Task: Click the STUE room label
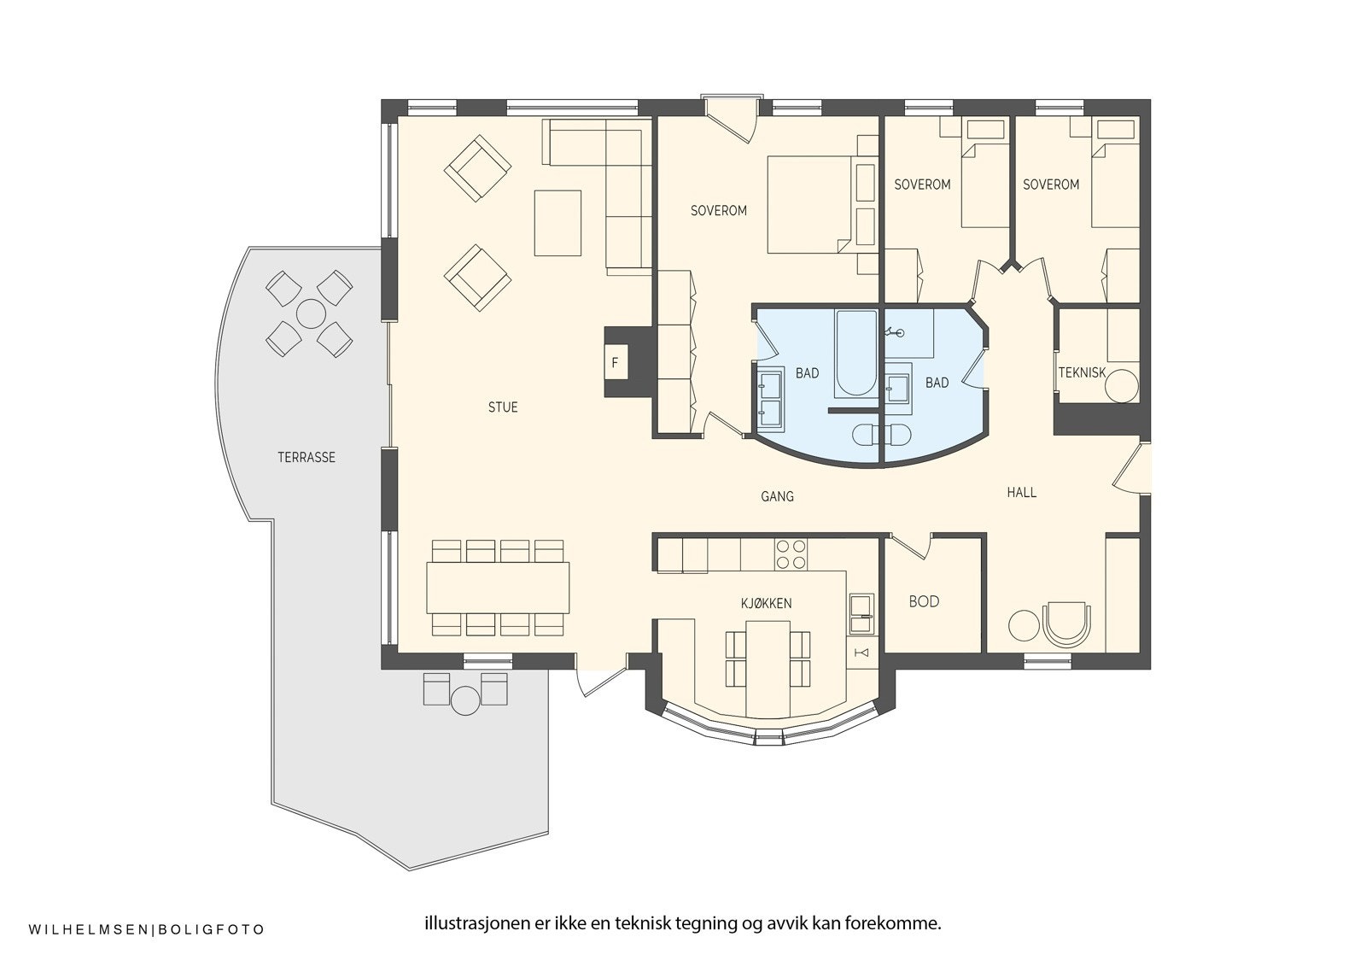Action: click(503, 407)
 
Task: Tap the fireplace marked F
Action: click(615, 363)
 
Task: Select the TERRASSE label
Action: click(306, 458)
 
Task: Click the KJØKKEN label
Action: click(766, 603)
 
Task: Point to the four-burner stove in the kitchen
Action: click(791, 554)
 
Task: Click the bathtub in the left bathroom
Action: click(855, 354)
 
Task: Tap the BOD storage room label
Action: click(924, 601)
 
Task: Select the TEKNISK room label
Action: click(1082, 372)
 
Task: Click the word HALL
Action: click(1021, 493)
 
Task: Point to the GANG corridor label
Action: click(777, 495)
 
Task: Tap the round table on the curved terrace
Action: click(310, 314)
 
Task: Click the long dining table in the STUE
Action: click(498, 587)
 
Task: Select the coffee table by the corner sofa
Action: click(557, 223)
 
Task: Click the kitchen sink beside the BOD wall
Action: click(861, 613)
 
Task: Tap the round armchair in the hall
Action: click(1065, 624)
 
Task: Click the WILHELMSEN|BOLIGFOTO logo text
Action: click(147, 929)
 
